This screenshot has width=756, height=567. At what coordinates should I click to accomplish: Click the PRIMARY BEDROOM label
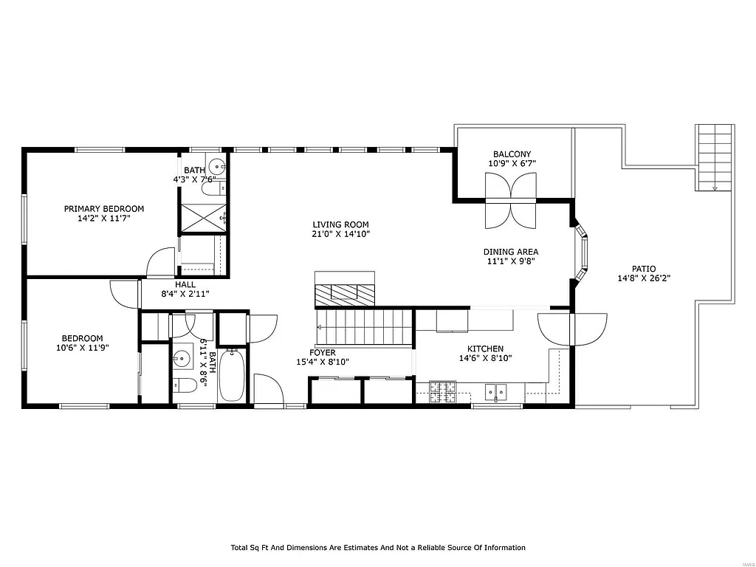(103, 209)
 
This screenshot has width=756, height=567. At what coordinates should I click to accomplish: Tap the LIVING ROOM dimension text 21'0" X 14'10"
(340, 234)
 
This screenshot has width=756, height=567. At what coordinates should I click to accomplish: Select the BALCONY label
(512, 154)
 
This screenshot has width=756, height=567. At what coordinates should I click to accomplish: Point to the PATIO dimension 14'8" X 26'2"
(643, 279)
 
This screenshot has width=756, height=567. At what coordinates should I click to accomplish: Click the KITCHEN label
(485, 349)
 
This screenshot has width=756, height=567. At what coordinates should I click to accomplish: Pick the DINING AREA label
(511, 252)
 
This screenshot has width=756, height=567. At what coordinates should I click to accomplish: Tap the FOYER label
(323, 353)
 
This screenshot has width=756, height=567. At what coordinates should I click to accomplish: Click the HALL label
(185, 284)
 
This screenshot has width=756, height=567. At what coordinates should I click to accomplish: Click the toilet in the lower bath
(184, 385)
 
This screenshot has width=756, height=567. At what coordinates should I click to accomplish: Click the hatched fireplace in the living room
(345, 295)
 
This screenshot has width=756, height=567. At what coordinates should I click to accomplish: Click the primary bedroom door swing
(161, 264)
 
